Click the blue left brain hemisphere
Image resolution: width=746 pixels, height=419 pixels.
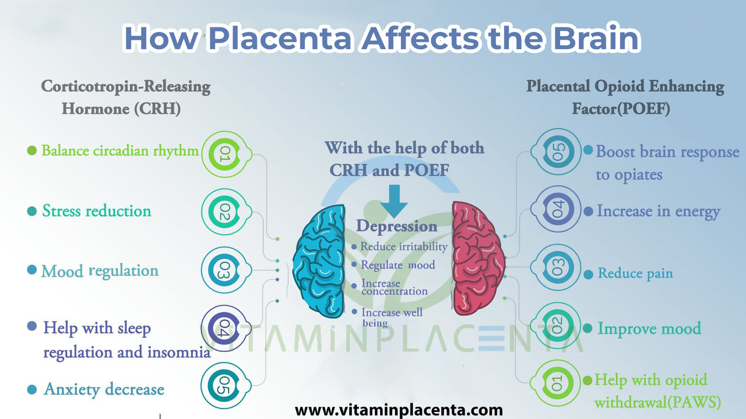point(319,261)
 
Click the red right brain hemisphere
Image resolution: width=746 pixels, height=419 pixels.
point(478,258)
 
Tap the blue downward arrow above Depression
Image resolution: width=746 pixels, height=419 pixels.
point(394,201)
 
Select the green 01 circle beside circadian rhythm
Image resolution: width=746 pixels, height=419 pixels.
point(225,154)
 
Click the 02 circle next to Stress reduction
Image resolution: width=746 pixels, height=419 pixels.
point(225,212)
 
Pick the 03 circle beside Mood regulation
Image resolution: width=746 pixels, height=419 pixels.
point(225,270)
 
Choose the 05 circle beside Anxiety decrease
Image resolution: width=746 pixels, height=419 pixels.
point(224,386)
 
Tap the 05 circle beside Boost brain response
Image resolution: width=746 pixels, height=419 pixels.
point(557,152)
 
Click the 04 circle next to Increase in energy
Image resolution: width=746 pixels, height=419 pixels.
point(557,209)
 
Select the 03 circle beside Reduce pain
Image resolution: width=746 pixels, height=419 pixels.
point(557,267)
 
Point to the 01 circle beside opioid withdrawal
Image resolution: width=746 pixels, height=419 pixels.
point(556,383)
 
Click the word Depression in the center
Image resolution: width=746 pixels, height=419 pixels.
point(397,226)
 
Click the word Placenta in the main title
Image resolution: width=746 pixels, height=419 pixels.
point(280,38)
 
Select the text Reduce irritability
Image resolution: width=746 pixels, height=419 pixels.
point(404,247)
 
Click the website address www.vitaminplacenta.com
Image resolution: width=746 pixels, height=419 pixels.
point(399,410)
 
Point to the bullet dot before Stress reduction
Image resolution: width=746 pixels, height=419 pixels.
point(31,211)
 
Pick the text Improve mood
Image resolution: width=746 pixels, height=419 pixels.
point(649,329)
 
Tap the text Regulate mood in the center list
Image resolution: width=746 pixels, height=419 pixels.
point(398,265)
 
